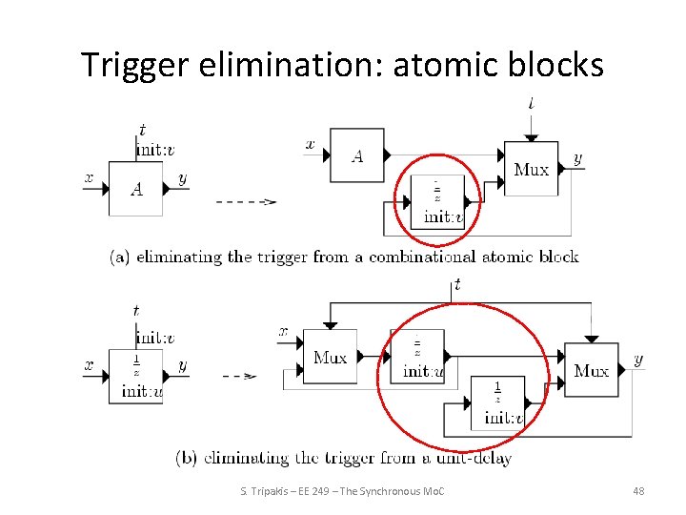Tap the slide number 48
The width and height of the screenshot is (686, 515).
[638, 490]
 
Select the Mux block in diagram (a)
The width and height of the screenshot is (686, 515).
[531, 169]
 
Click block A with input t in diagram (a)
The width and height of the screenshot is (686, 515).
[135, 188]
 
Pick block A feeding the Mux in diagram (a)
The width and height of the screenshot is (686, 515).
[357, 154]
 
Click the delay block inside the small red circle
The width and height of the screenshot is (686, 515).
[438, 201]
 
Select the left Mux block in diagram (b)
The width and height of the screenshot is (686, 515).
[330, 357]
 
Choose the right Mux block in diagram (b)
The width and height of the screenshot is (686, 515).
[591, 369]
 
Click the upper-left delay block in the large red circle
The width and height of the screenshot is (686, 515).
[417, 356]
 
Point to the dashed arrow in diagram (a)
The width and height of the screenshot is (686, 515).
[246, 201]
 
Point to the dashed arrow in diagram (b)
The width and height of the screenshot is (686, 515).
[239, 376]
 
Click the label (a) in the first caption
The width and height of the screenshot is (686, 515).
[120, 256]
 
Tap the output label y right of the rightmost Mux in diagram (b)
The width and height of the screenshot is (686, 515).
[637, 360]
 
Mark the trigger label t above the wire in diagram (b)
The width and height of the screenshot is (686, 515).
[457, 284]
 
